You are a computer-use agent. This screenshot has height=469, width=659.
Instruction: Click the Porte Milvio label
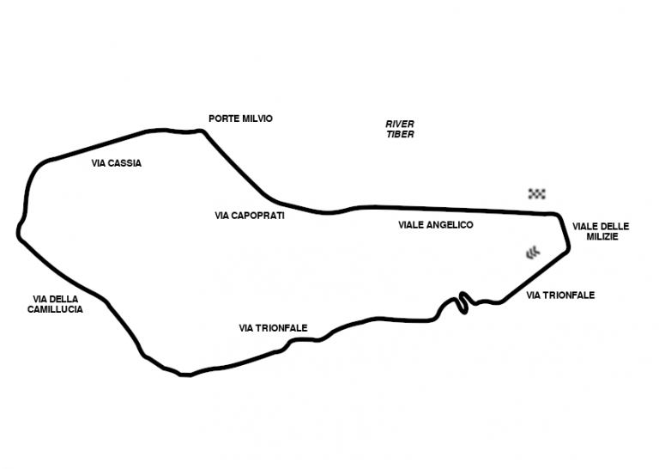coord(240,119)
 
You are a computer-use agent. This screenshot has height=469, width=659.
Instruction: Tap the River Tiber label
coord(400,130)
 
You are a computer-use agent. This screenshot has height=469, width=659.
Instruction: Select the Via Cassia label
coord(116,162)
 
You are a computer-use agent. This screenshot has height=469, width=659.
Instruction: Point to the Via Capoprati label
coord(250,216)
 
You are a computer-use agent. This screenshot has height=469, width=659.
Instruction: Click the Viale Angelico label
coord(436,224)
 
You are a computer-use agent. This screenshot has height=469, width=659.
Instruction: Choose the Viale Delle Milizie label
coord(601,232)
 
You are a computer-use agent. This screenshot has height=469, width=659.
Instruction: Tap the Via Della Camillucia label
coord(55,304)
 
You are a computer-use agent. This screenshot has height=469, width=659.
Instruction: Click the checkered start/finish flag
coord(537,193)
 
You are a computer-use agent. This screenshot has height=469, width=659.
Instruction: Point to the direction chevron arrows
coord(534,252)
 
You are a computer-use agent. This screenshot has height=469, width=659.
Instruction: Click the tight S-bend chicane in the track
coord(463,301)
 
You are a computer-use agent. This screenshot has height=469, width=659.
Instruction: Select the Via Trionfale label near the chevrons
coord(560,295)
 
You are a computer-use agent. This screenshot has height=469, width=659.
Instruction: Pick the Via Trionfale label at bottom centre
coord(273,328)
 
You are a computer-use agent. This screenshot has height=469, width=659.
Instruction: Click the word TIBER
coord(400,135)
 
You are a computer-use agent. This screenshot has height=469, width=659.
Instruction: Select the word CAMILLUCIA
coord(55,309)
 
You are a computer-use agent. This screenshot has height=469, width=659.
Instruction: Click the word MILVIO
coord(256,119)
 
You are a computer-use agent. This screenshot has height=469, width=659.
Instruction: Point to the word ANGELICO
coord(450,224)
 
